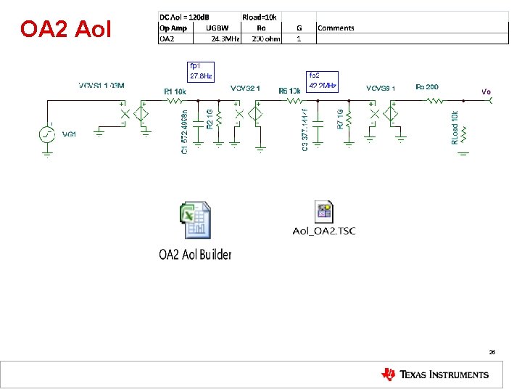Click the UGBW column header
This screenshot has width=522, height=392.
(217, 28)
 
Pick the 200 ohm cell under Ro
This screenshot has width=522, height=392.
(266, 39)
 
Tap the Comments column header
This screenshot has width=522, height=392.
(336, 28)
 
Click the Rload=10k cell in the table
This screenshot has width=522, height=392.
(260, 16)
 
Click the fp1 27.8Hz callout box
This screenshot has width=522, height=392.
(202, 70)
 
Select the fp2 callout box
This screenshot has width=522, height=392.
(323, 80)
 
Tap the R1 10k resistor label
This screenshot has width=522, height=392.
(176, 91)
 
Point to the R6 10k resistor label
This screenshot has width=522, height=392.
(289, 91)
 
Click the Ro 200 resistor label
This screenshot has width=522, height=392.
(427, 87)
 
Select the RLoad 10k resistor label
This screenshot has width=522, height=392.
(455, 128)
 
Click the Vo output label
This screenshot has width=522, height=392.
(486, 91)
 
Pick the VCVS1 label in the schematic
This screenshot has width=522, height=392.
(102, 86)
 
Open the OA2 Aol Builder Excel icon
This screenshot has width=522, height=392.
(195, 222)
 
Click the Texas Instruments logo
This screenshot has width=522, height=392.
(435, 375)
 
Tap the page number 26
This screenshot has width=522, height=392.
(492, 351)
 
